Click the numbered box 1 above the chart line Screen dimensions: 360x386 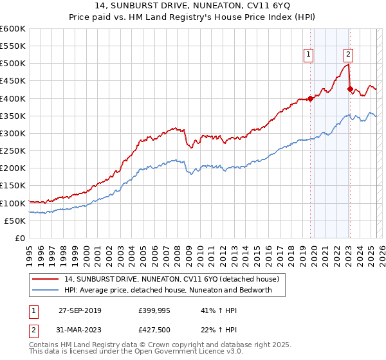point(309,55)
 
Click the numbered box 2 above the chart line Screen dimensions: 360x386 point(348,55)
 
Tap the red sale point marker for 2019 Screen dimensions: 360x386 point(310,98)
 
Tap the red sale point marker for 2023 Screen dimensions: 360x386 point(350,89)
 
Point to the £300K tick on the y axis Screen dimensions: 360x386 point(14,133)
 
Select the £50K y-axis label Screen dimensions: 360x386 point(16,221)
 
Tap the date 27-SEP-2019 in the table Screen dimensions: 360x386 point(80,310)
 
